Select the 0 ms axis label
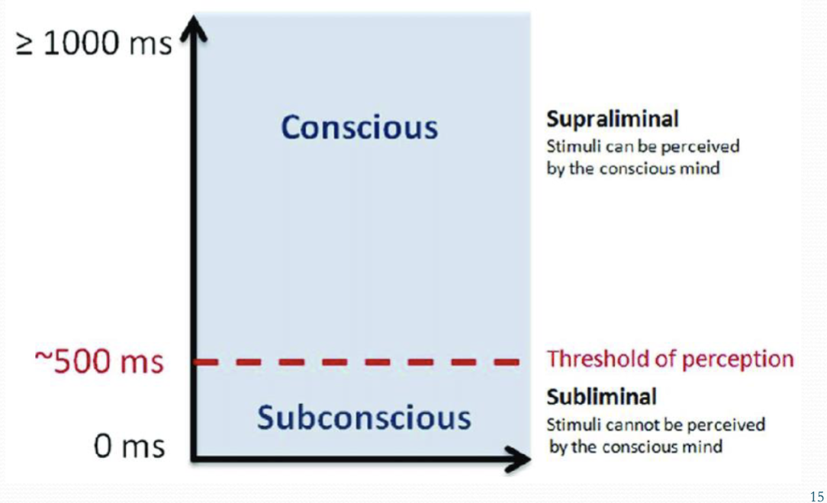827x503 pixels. (129, 446)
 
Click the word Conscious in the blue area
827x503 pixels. (359, 127)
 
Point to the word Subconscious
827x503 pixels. (363, 417)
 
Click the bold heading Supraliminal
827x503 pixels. (612, 120)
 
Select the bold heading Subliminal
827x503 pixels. (601, 396)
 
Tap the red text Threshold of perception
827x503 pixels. (670, 359)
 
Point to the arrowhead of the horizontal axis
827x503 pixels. (520, 459)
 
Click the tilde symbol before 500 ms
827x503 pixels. (43, 362)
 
